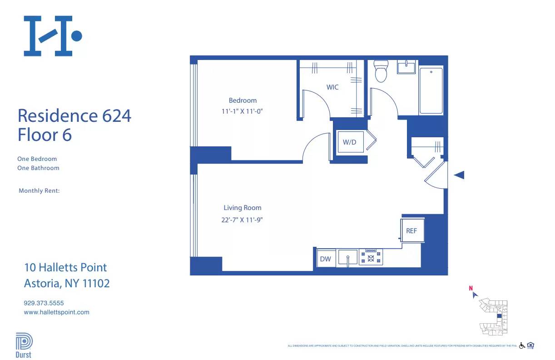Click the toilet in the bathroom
point(380,71)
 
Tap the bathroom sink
point(406,67)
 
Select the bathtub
point(431,91)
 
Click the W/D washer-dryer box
point(349,142)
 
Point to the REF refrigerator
point(411,231)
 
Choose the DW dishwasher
point(326,259)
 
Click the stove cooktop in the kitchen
point(371,257)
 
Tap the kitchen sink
point(347,258)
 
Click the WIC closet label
point(332,87)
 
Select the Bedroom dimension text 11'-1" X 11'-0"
point(243,110)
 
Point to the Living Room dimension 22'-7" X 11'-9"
point(243,220)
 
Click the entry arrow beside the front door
point(459,175)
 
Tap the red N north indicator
point(471,288)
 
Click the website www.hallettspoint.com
point(56,312)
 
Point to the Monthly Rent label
point(39,191)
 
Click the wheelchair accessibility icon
point(522,345)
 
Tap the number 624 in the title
point(117,116)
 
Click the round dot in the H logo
point(77,35)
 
